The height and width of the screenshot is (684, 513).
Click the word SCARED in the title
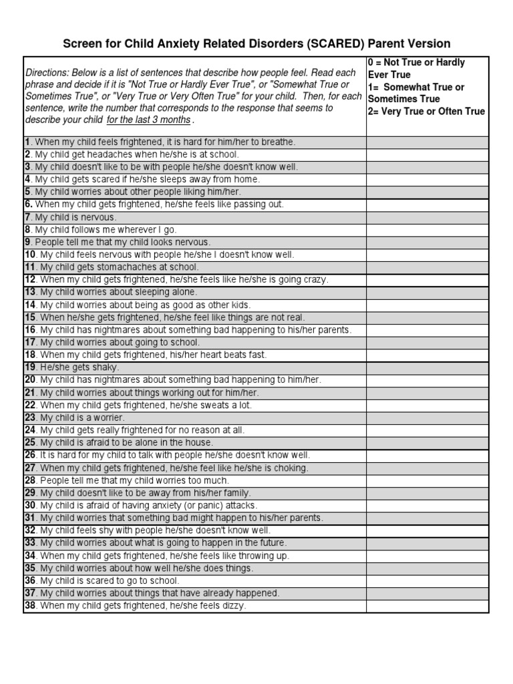click(x=334, y=44)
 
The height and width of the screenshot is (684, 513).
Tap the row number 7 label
click(x=28, y=217)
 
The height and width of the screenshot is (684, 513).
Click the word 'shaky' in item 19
click(x=108, y=367)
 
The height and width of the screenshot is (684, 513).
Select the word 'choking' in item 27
click(x=293, y=468)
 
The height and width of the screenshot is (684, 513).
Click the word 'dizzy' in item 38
click(x=234, y=606)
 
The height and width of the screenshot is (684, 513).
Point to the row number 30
click(x=30, y=506)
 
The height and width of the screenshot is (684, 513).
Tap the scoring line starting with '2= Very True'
click(x=426, y=112)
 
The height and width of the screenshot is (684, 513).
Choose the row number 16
click(x=30, y=330)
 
